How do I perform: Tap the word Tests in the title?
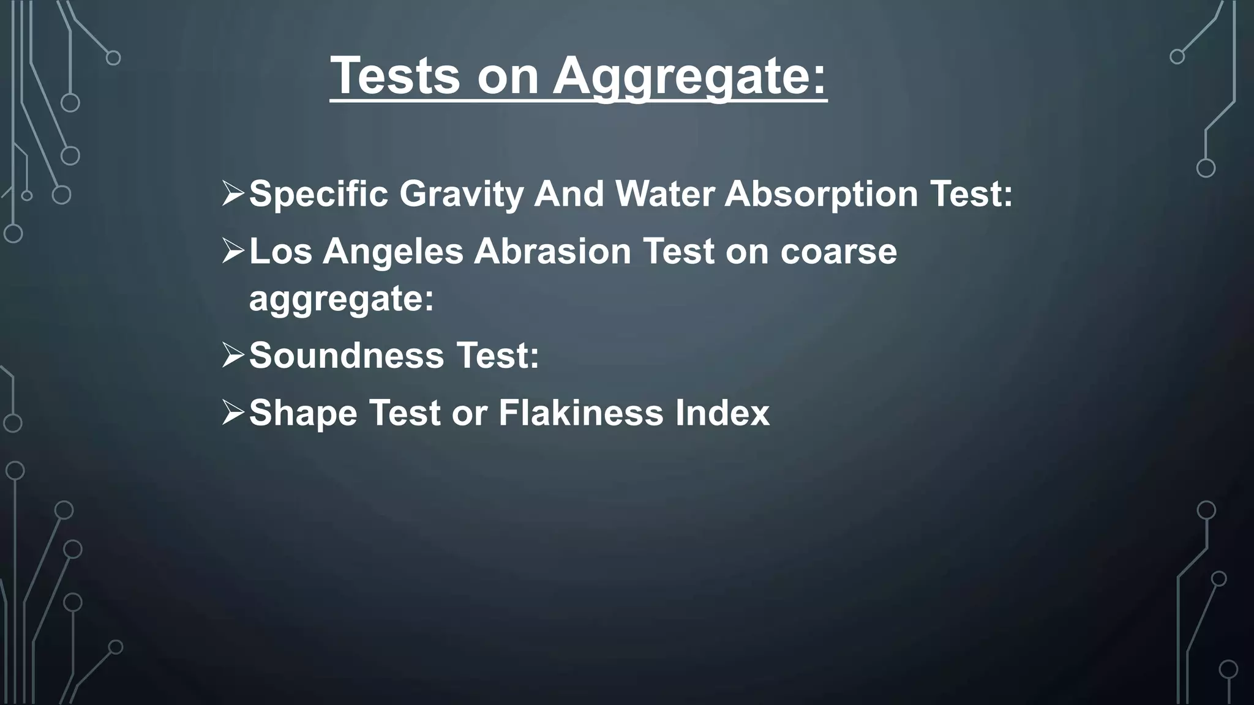pyautogui.click(x=395, y=76)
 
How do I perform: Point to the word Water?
pyautogui.click(x=664, y=194)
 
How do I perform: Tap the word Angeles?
pyautogui.click(x=392, y=252)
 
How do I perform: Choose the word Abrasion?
pyautogui.click(x=552, y=252)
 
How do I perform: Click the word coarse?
pyautogui.click(x=838, y=252)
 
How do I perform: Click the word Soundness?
pyautogui.click(x=347, y=356)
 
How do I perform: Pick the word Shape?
pyautogui.click(x=303, y=413)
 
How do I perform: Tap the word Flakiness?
pyautogui.click(x=580, y=413)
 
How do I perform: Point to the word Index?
pyautogui.click(x=723, y=413)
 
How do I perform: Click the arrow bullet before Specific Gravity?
pyautogui.click(x=233, y=194)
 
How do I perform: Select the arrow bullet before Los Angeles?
pyautogui.click(x=233, y=252)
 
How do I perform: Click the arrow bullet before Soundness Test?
pyautogui.click(x=233, y=356)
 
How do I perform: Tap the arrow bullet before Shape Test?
pyautogui.click(x=233, y=413)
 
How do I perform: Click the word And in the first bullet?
pyautogui.click(x=569, y=194)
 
